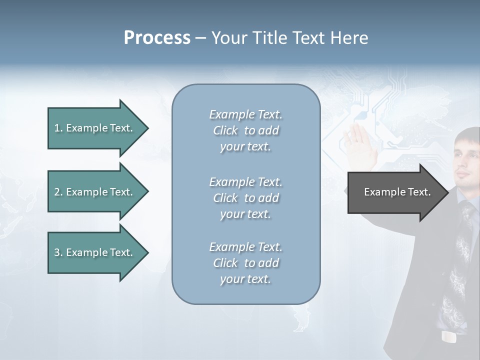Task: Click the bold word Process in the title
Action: [157, 38]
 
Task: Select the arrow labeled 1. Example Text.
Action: [95, 128]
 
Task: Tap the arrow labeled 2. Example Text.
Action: [95, 192]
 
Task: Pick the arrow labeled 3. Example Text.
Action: [95, 252]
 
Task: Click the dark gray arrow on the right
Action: [395, 192]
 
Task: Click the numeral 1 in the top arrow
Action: [56, 128]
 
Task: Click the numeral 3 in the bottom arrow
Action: [57, 252]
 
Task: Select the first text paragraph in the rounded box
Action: [245, 130]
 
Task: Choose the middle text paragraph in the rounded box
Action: [245, 198]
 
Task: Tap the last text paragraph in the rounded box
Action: [245, 263]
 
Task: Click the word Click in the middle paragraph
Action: [225, 198]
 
